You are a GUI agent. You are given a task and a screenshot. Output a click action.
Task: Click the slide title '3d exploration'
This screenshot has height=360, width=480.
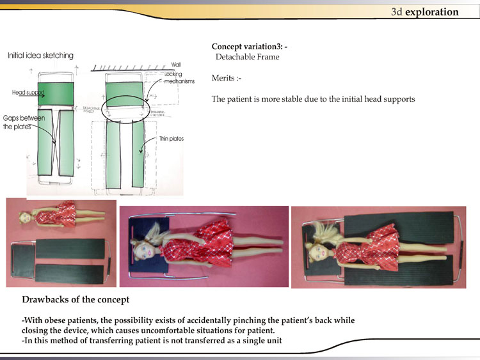click(x=424, y=12)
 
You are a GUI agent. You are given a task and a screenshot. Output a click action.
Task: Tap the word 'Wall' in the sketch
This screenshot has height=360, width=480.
click(x=176, y=65)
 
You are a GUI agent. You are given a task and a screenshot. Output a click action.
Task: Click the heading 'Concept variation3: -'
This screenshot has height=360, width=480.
click(x=253, y=47)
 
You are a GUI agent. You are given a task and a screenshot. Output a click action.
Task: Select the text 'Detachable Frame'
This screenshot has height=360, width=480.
click(x=247, y=58)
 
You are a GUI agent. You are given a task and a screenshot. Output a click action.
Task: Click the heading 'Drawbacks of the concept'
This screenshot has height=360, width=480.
click(x=76, y=299)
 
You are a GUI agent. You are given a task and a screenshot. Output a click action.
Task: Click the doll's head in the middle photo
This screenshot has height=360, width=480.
click(x=142, y=245)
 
